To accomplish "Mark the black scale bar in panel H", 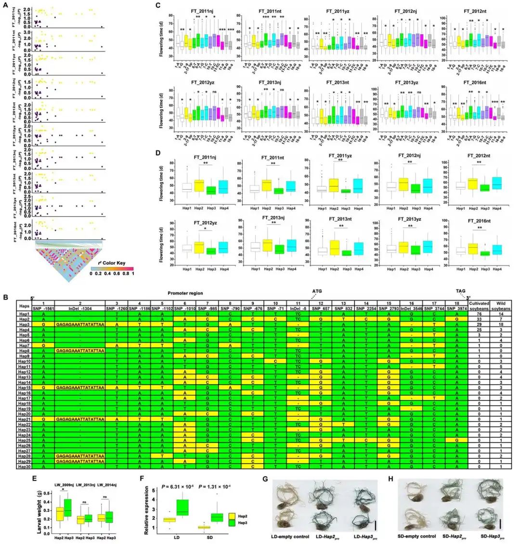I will click(x=501, y=523).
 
